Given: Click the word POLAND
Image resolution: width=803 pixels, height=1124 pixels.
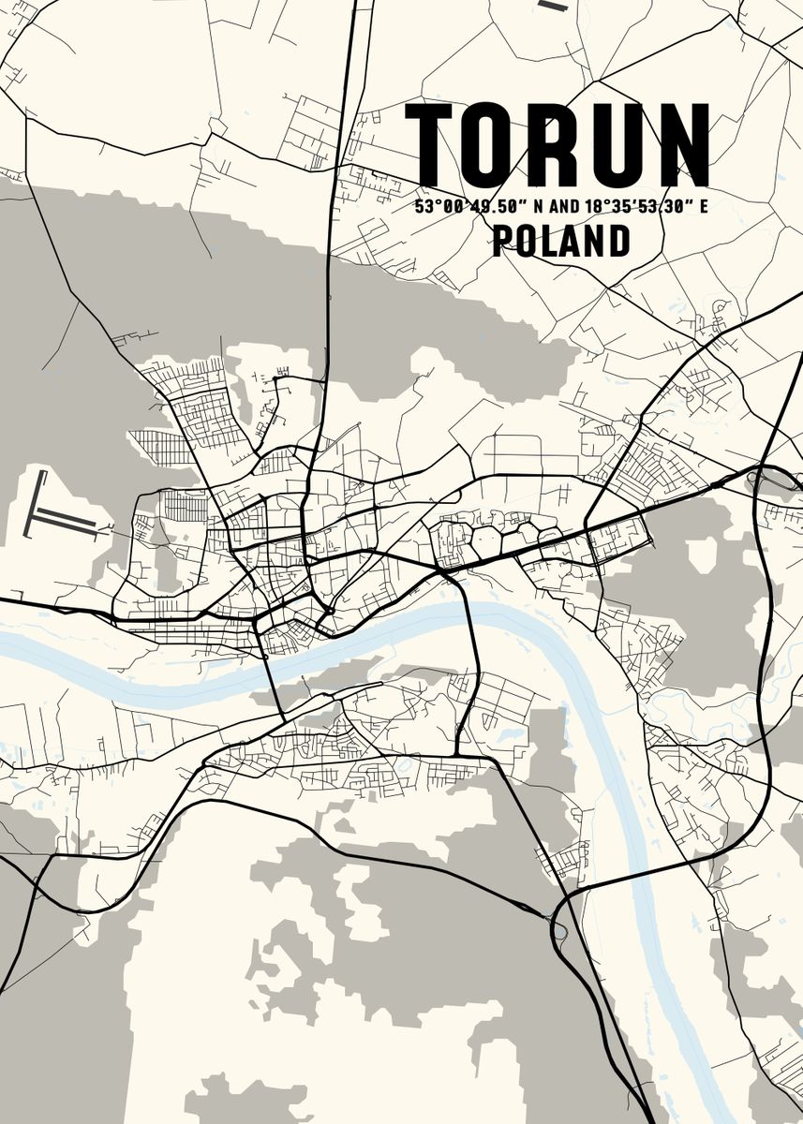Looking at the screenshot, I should click(x=560, y=242).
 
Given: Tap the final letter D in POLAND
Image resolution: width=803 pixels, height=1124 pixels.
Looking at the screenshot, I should click(x=619, y=242).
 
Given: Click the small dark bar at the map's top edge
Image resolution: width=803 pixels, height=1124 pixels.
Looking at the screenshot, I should click(x=554, y=6).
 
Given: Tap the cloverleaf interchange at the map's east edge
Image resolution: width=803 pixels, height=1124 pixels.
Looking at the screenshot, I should click(x=761, y=480).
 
